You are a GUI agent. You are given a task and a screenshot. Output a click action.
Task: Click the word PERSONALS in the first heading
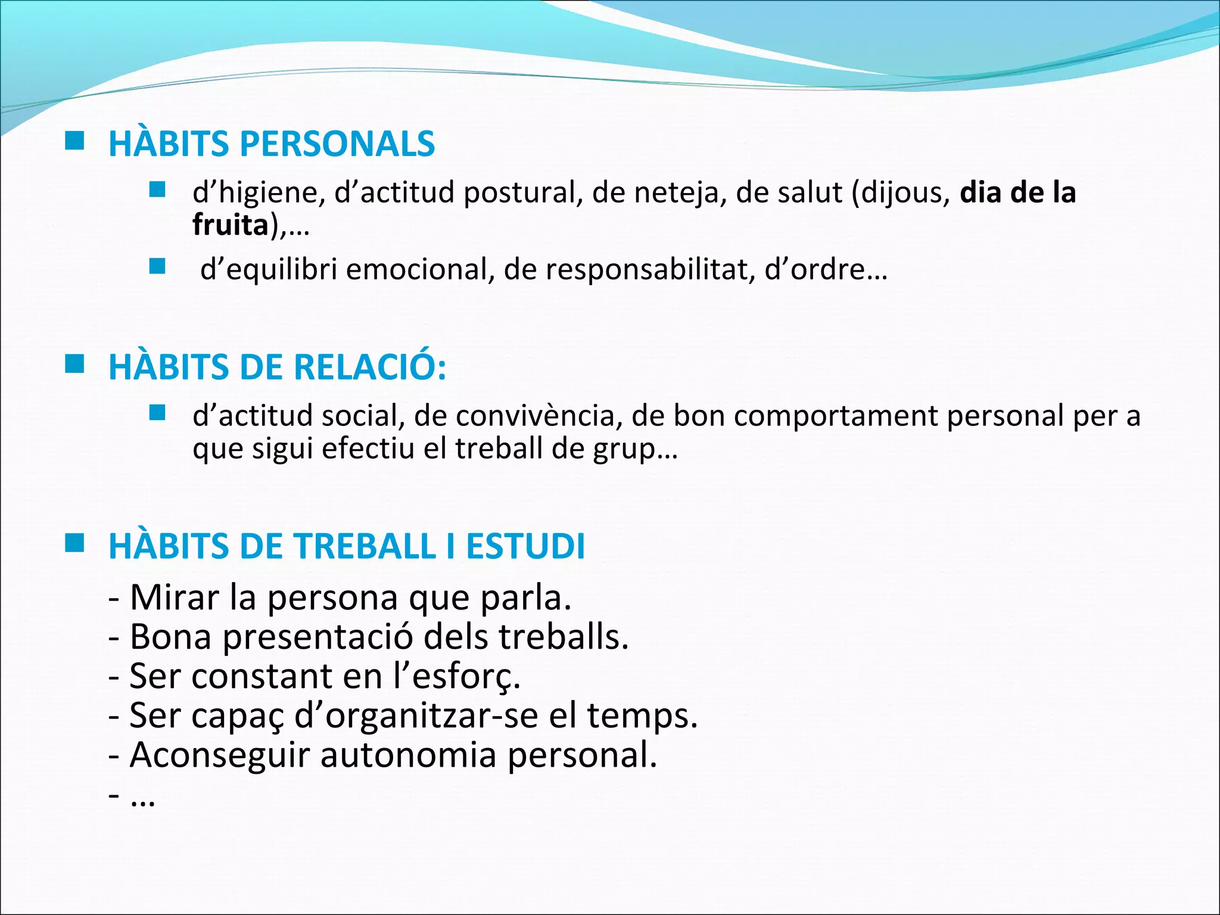(337, 144)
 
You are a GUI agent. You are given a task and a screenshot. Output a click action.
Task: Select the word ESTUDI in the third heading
(525, 546)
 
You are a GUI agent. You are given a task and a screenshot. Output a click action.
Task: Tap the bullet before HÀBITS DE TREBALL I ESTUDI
(74, 543)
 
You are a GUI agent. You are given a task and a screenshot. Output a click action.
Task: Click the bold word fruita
(231, 225)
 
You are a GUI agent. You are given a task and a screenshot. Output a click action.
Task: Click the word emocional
(421, 270)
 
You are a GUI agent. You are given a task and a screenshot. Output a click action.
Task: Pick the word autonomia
(409, 755)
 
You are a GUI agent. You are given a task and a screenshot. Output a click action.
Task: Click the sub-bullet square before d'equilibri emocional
(157, 266)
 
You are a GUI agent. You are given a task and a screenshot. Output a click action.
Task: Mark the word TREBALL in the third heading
(365, 546)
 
